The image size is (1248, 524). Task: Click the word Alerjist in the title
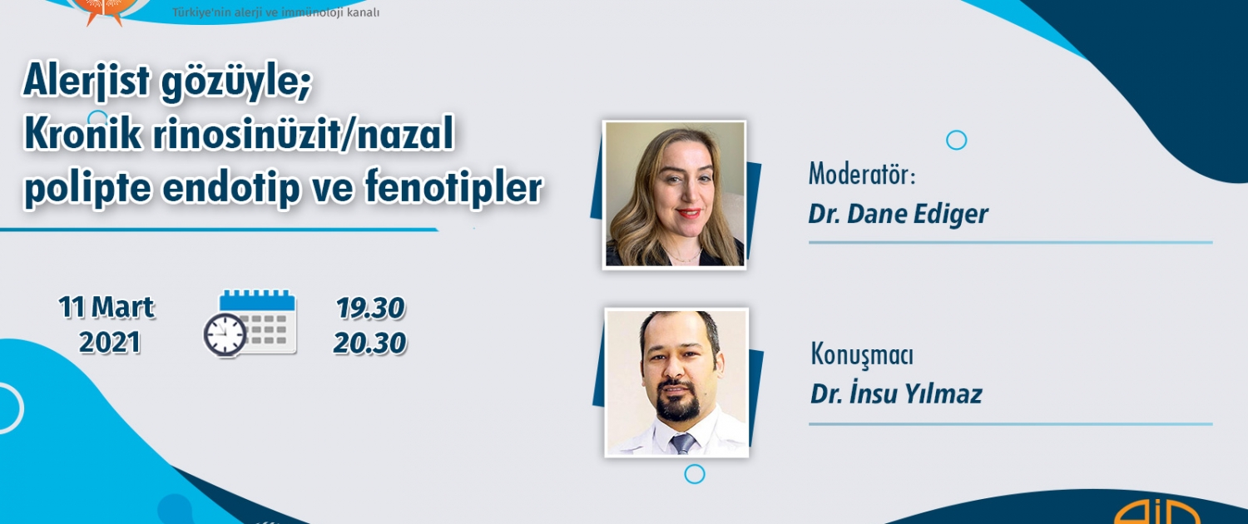87,82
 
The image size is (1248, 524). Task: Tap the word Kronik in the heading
83,134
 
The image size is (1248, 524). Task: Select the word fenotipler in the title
453,187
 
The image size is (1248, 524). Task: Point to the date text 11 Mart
106,308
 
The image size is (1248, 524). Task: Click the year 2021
109,343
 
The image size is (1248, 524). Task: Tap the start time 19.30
370,309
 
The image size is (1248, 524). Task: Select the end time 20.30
369,343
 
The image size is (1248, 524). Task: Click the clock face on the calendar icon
225,334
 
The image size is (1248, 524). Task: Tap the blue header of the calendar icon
257,300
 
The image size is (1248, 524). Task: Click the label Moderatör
862,175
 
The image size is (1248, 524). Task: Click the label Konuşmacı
862,355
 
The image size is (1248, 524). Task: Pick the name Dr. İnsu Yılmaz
896,393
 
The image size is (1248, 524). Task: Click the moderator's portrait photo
674,195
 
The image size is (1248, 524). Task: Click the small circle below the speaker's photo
694,474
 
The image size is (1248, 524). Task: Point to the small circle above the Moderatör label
956,141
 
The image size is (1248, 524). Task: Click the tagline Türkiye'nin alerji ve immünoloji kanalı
275,12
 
